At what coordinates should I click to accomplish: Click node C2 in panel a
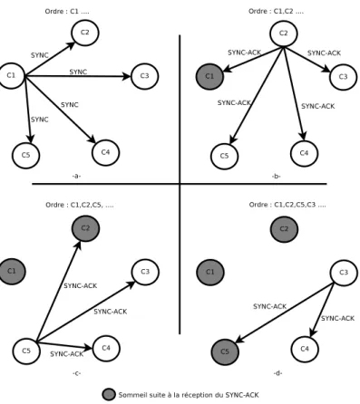[85, 33]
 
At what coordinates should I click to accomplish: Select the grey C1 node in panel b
[209, 76]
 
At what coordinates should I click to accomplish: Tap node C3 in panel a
[145, 76]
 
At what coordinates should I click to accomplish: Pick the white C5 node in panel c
[26, 351]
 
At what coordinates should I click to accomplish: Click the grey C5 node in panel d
[225, 351]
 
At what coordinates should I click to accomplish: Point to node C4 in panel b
[304, 153]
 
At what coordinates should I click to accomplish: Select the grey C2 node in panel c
[85, 228]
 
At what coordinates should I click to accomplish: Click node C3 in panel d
[344, 273]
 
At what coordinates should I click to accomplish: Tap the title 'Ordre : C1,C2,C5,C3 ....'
[287, 205]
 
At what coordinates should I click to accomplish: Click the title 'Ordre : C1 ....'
[67, 12]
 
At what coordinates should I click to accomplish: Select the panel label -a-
[76, 176]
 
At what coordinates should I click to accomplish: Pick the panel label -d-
[277, 373]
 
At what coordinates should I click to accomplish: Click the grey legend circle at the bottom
[109, 395]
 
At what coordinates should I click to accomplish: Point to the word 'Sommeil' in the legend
[130, 395]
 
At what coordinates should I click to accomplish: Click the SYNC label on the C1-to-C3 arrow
[78, 72]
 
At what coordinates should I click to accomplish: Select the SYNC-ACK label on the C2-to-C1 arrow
[244, 53]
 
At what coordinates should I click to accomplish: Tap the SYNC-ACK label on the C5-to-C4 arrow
[66, 354]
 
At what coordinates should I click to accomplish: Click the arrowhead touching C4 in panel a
[92, 139]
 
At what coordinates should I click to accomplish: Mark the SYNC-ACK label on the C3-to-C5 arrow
[269, 306]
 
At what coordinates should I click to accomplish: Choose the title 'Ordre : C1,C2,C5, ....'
[80, 205]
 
